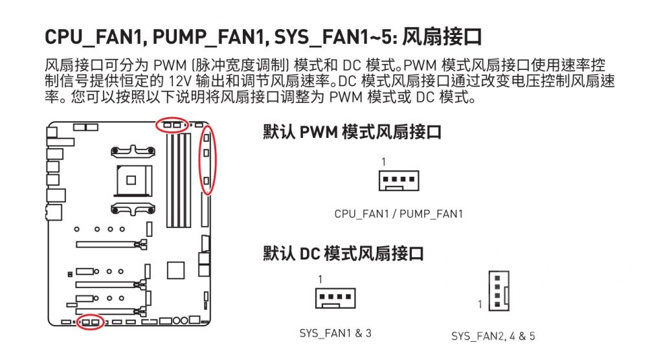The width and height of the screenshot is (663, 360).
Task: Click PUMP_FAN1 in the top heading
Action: (201, 37)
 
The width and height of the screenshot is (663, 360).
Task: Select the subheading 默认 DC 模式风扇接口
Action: (343, 253)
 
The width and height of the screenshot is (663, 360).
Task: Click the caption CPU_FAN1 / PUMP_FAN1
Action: (398, 214)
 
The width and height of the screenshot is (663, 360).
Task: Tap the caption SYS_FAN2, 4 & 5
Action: (493, 336)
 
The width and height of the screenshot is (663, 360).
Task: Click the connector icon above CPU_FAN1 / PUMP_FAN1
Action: (398, 180)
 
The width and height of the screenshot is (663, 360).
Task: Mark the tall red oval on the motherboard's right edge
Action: (207, 160)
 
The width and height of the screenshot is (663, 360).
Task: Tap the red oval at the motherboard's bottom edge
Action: (90, 321)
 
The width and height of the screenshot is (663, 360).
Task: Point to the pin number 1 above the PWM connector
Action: (383, 161)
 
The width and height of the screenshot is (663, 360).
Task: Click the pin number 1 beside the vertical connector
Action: (480, 304)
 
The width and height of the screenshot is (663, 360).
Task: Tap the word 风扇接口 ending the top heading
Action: (442, 37)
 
